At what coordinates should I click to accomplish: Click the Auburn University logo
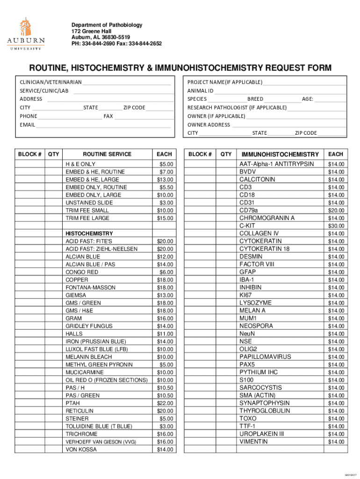(x=26, y=34)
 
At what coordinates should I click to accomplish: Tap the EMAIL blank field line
(x=103, y=125)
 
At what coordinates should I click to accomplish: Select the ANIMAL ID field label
(x=200, y=91)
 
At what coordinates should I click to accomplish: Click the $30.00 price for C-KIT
(x=336, y=225)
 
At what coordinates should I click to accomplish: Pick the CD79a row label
(x=248, y=210)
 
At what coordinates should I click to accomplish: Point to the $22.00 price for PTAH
(x=165, y=403)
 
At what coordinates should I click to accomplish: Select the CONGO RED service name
(x=82, y=272)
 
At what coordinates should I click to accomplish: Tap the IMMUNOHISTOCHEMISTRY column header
(x=280, y=154)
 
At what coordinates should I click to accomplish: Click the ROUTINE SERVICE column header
(x=107, y=154)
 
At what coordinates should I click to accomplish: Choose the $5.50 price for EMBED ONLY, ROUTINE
(x=166, y=187)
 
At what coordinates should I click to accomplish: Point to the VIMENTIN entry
(x=253, y=442)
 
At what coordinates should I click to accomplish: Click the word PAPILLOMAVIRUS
(x=265, y=356)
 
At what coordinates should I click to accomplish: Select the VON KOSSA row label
(x=81, y=450)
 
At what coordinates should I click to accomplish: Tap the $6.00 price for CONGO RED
(x=166, y=272)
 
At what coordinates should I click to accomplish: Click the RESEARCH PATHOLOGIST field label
(x=237, y=108)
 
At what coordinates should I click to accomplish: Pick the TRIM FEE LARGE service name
(x=87, y=218)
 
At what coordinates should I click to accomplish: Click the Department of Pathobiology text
(x=107, y=25)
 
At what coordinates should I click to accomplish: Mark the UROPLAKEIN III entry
(x=261, y=434)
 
